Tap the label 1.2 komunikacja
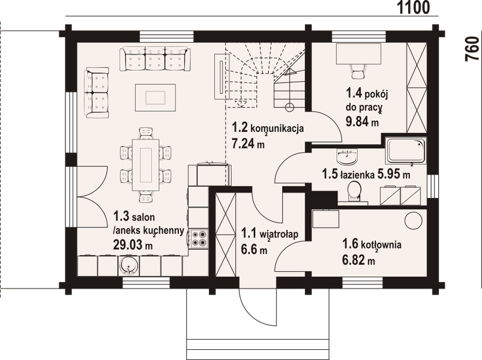pos(268,128)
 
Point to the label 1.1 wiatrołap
pos(270,232)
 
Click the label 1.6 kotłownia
pos(372,245)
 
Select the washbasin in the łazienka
pos(347,157)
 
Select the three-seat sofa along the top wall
pos(155,59)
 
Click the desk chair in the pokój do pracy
pos(358,70)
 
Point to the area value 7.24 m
pos(249,144)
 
